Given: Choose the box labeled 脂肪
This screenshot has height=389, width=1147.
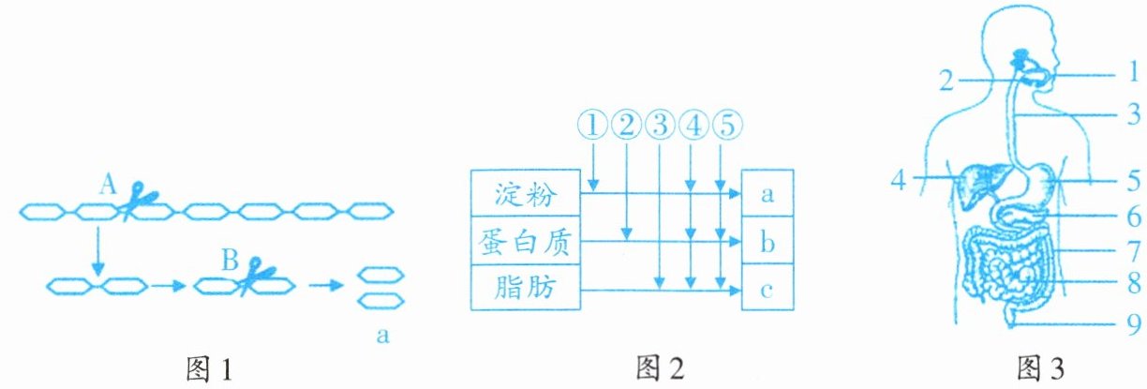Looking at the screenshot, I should pyautogui.click(x=525, y=288).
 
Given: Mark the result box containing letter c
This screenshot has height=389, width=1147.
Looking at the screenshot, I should pyautogui.click(x=767, y=289).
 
